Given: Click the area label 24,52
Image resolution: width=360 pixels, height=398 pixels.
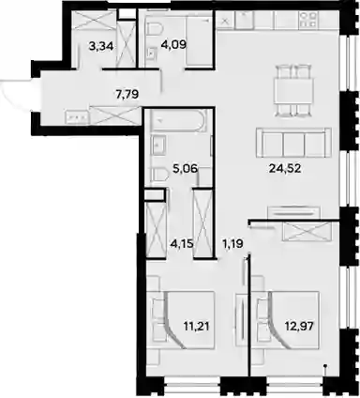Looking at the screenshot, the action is [285, 169].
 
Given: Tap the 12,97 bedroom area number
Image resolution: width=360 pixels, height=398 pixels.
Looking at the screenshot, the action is [299, 327].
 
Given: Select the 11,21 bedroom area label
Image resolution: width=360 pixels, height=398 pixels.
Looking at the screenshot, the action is [196, 327].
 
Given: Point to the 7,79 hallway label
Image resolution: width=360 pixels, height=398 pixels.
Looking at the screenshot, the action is [127, 94].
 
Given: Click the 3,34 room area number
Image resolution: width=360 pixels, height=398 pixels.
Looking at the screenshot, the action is [101, 47].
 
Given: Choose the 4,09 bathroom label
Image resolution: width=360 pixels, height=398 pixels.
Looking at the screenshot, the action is [173, 45].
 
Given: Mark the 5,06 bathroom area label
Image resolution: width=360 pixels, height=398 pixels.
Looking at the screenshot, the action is [186, 169].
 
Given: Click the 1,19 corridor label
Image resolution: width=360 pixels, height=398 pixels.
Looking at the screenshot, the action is [232, 243].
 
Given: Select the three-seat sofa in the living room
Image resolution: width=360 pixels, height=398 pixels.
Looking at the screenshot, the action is [293, 143].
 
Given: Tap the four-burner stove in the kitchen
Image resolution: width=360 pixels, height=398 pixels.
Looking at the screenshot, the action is [308, 21].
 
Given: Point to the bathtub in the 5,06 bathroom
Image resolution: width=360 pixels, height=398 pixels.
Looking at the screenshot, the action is [179, 120].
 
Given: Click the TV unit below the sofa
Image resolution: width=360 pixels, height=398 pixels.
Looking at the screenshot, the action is [294, 212].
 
